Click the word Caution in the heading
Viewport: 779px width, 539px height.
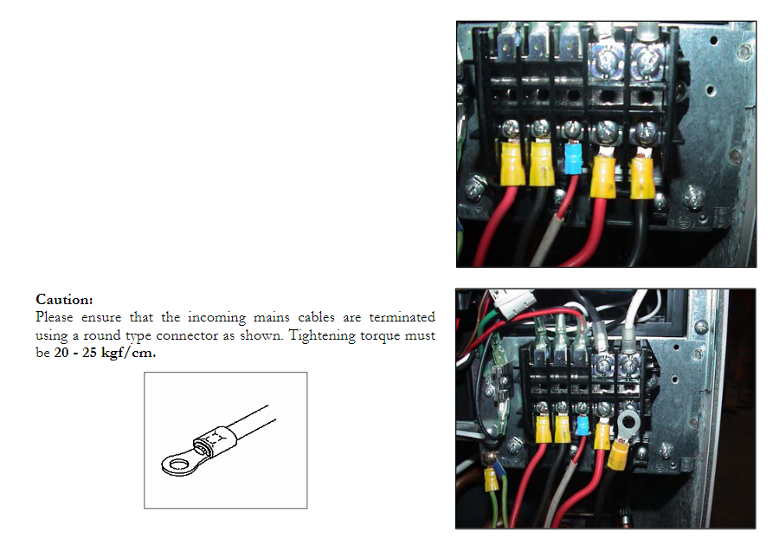click(x=63, y=300)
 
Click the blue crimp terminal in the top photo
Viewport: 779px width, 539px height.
click(x=571, y=159)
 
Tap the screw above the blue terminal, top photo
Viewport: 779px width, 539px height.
click(x=572, y=131)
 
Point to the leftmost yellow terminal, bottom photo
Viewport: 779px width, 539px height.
click(x=544, y=429)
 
